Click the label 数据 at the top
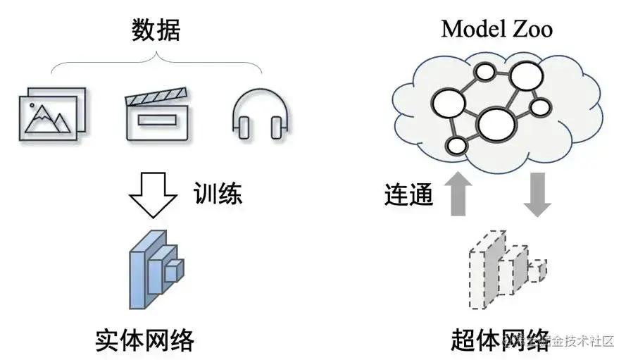point(156,30)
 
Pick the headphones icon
point(261,115)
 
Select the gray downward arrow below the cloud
point(537,194)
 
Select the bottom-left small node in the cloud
point(457,147)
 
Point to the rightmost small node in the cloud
point(540,108)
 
